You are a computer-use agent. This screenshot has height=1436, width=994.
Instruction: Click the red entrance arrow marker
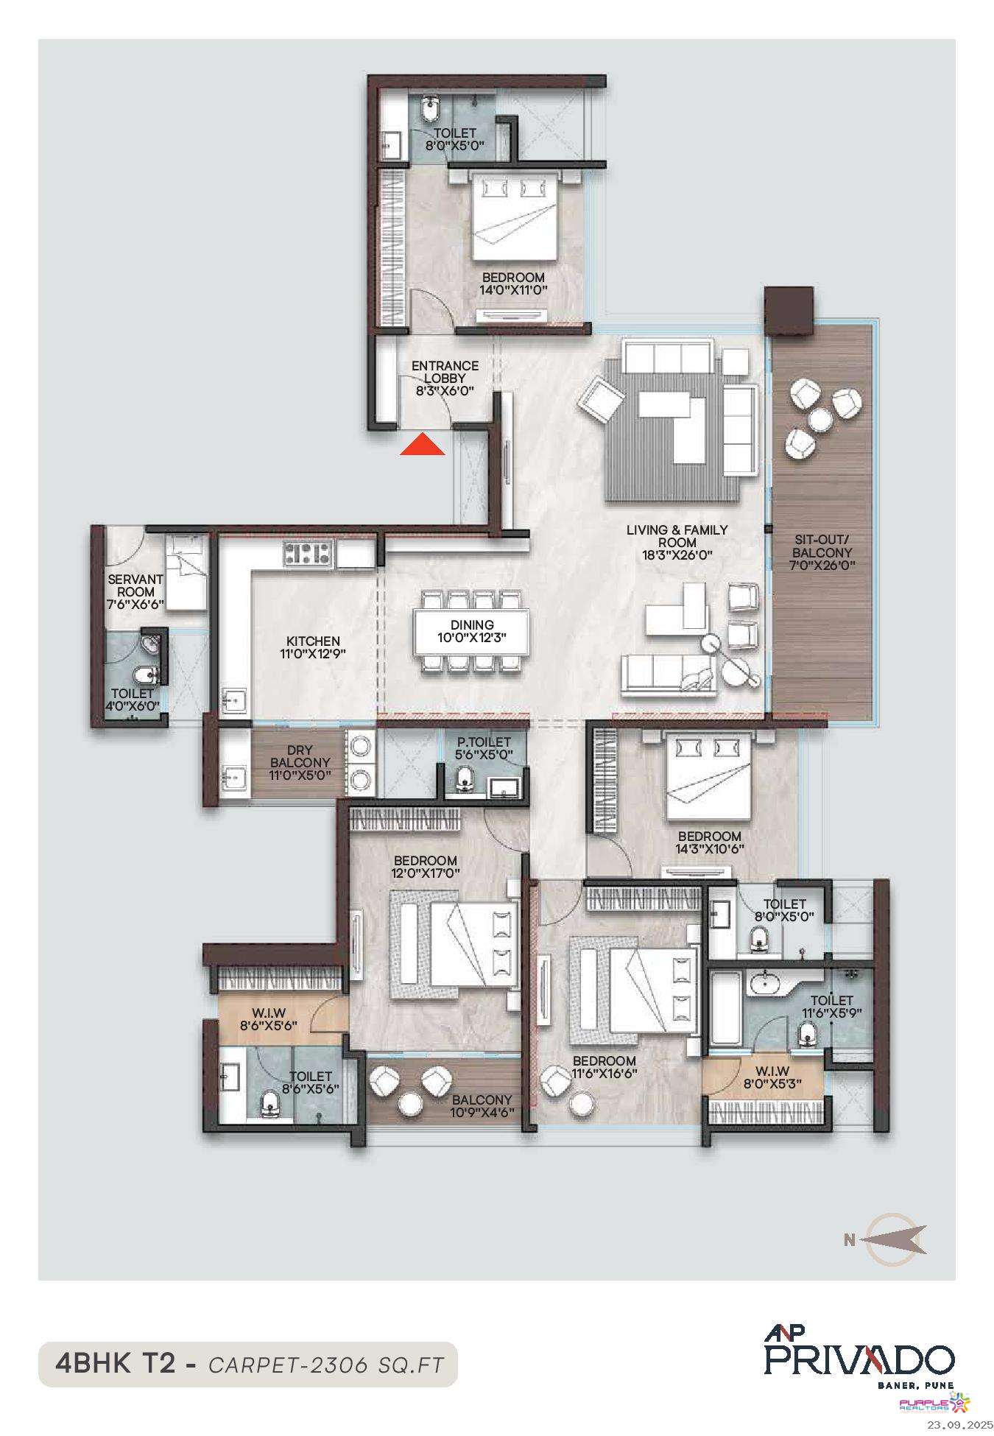point(423,446)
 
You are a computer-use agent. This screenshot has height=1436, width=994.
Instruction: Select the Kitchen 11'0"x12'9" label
point(313,647)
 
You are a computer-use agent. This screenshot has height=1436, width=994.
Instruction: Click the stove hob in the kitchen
point(309,553)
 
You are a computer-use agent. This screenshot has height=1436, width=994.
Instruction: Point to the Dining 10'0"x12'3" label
point(472,631)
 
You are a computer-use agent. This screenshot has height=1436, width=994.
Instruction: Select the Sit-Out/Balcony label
point(822,552)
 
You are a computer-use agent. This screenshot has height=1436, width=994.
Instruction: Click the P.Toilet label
point(484,748)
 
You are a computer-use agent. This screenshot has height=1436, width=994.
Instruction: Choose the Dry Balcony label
point(299,763)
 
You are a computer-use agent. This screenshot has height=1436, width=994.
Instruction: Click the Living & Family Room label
point(677,542)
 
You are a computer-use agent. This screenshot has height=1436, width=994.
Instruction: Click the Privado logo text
point(859,1359)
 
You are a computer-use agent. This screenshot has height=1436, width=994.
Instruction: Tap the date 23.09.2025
point(960,1424)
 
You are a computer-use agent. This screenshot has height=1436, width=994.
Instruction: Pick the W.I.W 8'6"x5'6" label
point(268,1018)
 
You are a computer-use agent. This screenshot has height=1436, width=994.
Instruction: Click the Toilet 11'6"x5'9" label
point(831,1006)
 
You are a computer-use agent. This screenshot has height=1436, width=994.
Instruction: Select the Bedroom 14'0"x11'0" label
point(513,284)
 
